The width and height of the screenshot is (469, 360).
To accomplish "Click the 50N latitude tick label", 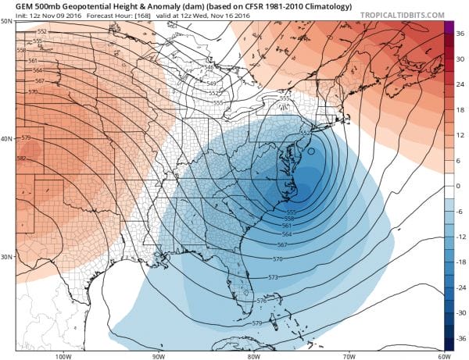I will click(6, 20).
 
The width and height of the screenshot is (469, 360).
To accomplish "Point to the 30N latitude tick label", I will click(6, 257).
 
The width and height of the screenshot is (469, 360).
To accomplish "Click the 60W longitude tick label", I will click(443, 355).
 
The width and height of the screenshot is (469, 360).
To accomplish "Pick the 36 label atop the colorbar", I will click(460, 30).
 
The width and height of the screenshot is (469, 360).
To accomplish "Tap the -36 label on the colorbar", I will click(461, 340).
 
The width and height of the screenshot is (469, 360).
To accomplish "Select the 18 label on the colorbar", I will click(460, 109).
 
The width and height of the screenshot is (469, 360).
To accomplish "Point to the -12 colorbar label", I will click(461, 237).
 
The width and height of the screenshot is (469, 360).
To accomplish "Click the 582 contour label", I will click(23, 159).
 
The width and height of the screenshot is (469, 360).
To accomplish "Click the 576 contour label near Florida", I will click(261, 300).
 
